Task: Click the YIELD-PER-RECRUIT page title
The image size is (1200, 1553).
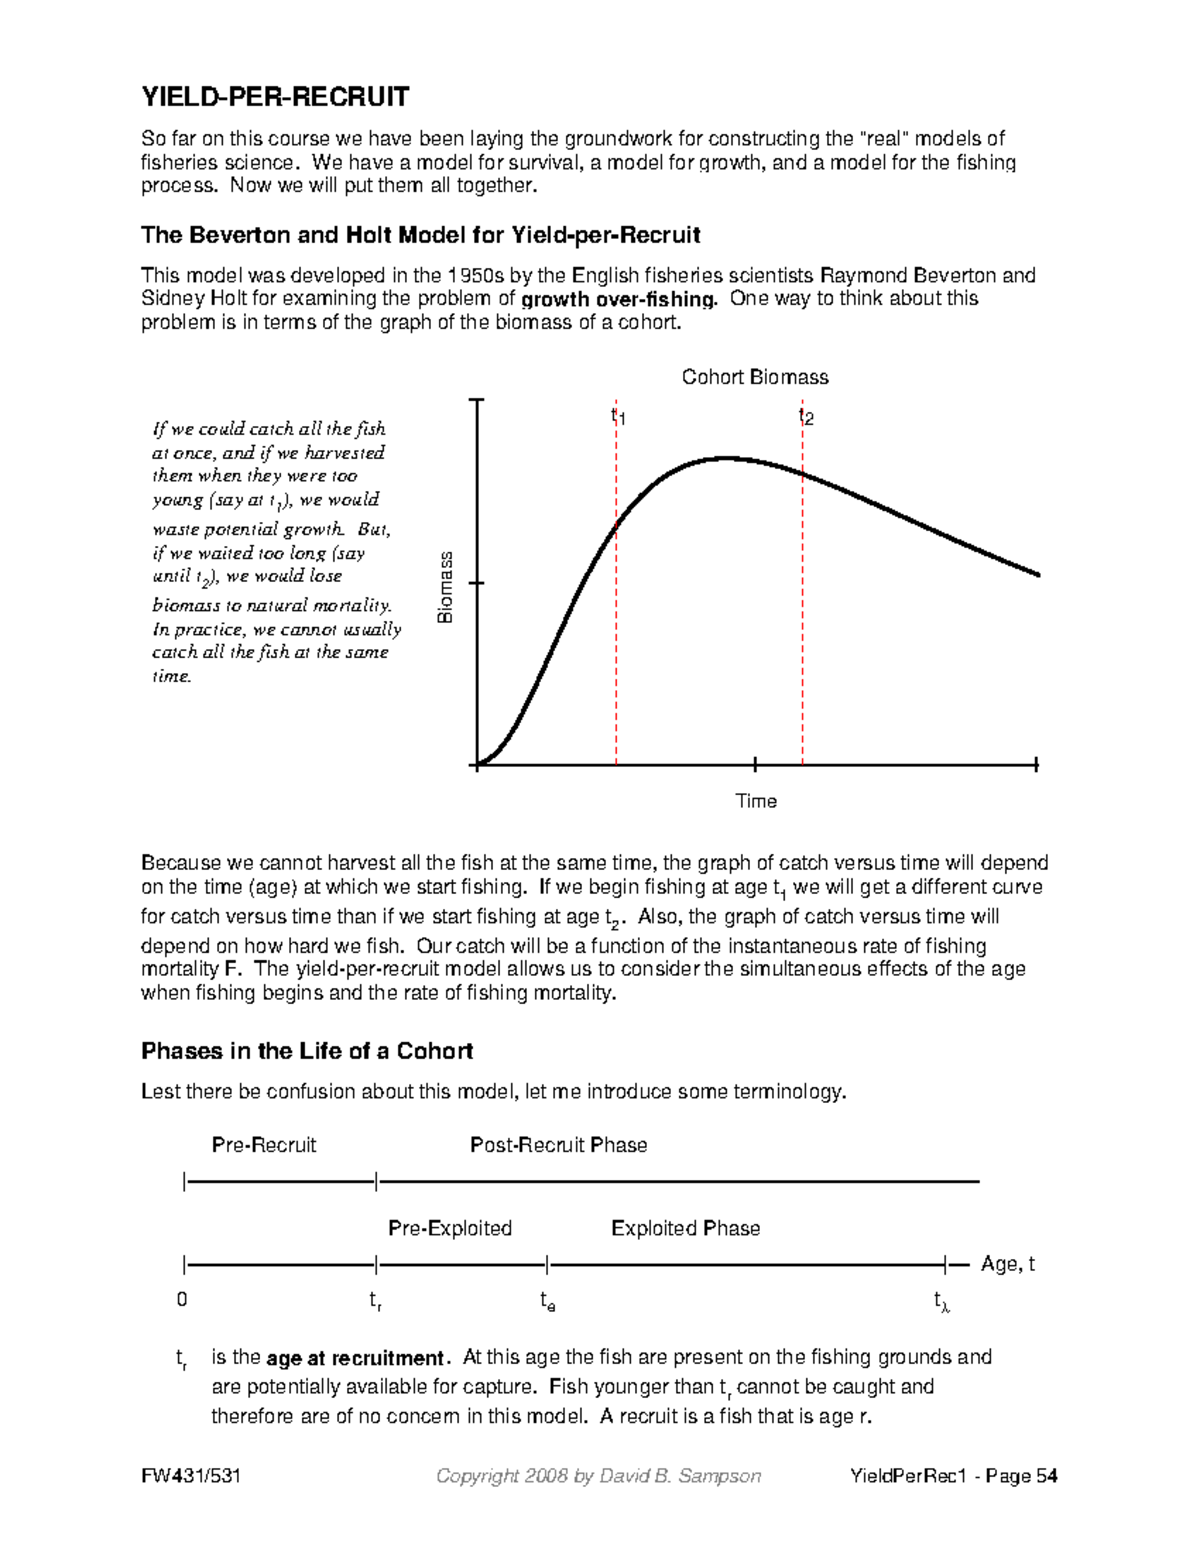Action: [275, 97]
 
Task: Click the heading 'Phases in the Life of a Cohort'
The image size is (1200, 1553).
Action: [307, 1051]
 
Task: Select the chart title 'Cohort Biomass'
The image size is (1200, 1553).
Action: [755, 377]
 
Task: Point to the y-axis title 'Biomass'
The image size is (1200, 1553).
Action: [446, 587]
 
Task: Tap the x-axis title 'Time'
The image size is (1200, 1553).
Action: [756, 801]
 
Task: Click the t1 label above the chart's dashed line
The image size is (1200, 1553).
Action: [618, 416]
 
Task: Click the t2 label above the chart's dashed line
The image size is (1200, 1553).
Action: [805, 416]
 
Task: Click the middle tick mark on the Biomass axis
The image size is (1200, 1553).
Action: [478, 583]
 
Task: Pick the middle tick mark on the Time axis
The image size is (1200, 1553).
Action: [755, 765]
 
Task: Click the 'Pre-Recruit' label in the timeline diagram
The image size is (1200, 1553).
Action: [264, 1145]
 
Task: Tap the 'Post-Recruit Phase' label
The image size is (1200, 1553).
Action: [558, 1145]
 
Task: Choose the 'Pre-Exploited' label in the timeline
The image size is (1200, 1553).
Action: [450, 1228]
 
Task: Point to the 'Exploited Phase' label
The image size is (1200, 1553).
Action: [686, 1228]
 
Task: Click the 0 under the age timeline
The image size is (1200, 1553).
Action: [182, 1300]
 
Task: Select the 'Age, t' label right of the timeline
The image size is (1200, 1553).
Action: [1007, 1264]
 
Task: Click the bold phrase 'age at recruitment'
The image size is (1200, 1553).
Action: [356, 1359]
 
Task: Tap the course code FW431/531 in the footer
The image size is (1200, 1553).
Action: [191, 1476]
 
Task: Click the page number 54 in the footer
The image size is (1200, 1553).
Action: [1046, 1476]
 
